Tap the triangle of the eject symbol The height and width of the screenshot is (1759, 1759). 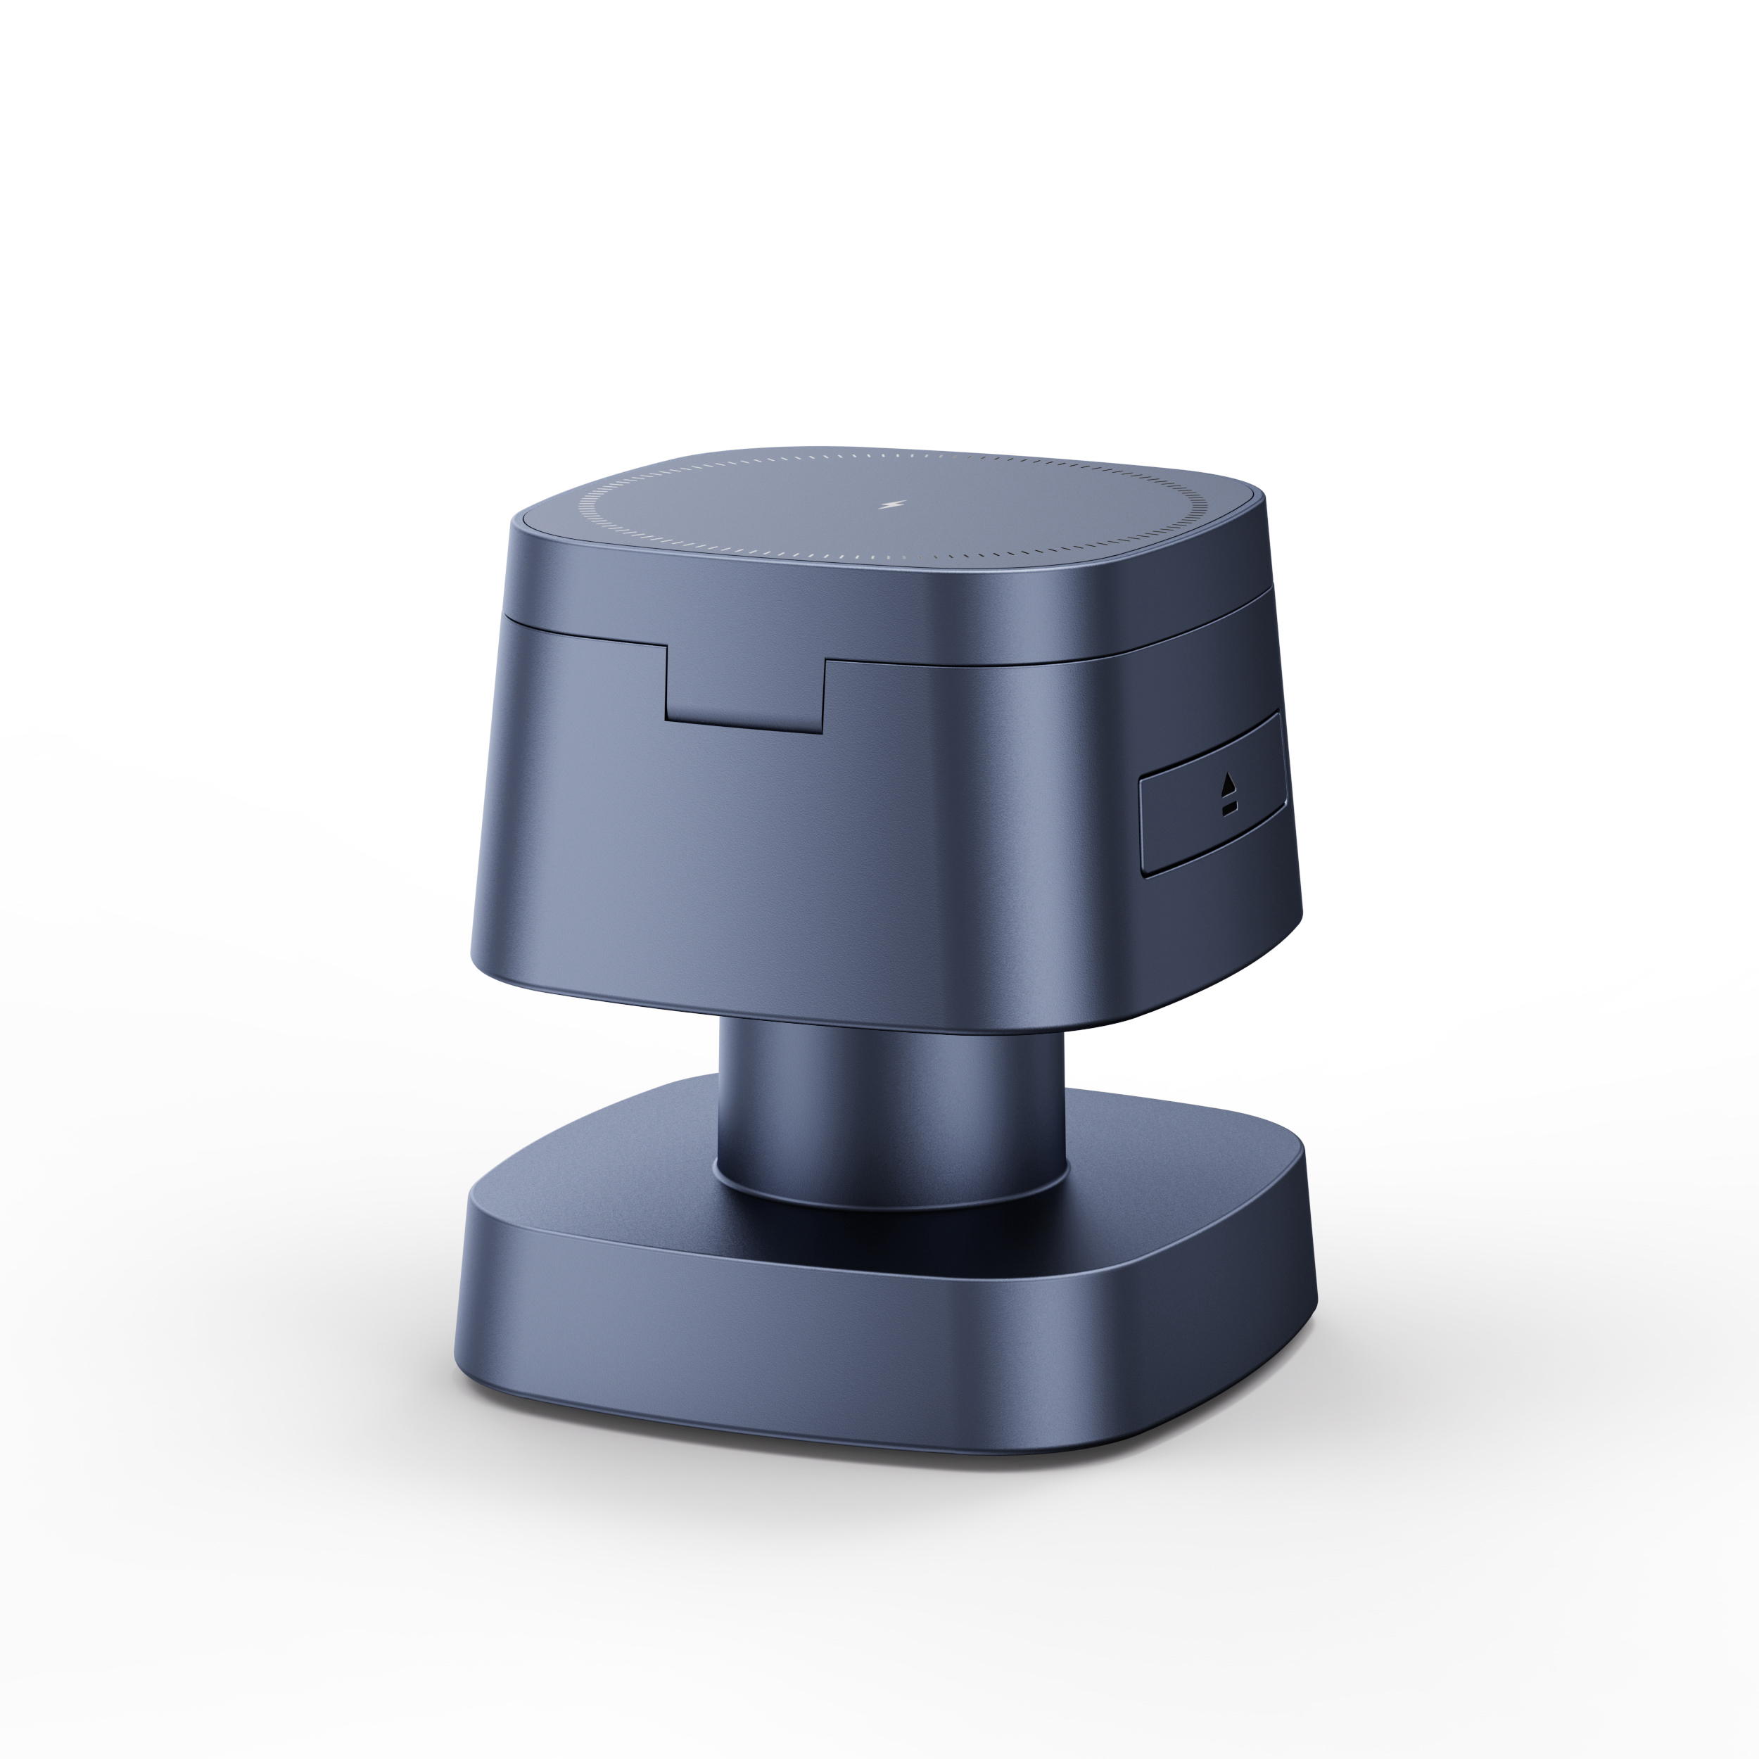pos(1230,782)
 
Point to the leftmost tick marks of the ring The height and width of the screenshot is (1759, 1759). pos(583,506)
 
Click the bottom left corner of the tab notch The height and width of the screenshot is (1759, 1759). pos(667,721)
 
